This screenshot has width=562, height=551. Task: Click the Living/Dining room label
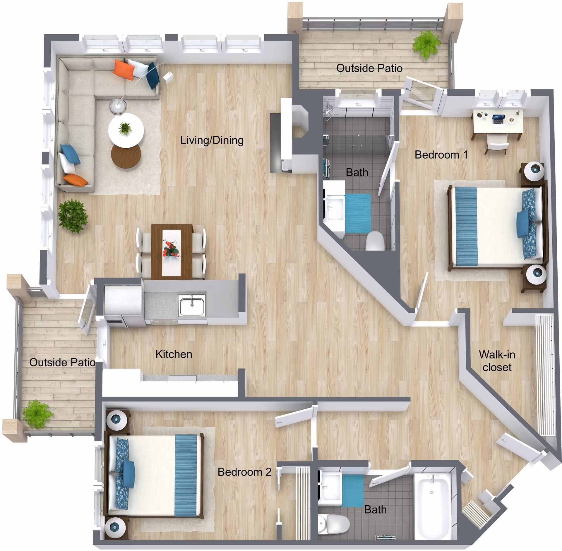pyautogui.click(x=212, y=140)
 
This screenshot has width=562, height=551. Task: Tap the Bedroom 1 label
pyautogui.click(x=441, y=155)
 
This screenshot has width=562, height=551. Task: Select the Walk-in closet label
pyautogui.click(x=497, y=361)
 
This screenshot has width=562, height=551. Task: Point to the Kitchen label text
pyautogui.click(x=174, y=354)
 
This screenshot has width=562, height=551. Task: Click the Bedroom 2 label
pyautogui.click(x=244, y=472)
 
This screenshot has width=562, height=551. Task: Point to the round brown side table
pyautogui.click(x=126, y=156)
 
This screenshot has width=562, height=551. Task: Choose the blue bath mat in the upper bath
pyautogui.click(x=358, y=213)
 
